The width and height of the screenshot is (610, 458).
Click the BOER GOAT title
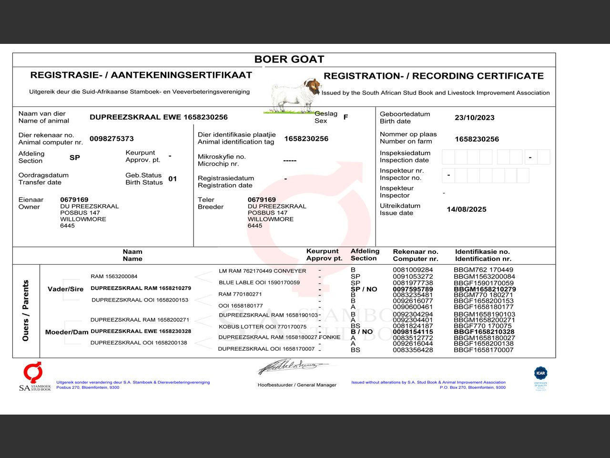pyautogui.click(x=289, y=60)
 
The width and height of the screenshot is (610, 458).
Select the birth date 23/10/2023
pyautogui.click(x=474, y=118)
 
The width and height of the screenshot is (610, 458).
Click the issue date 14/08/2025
pyautogui.click(x=466, y=209)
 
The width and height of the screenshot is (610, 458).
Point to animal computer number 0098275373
pyautogui.click(x=112, y=139)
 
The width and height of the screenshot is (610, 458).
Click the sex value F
pyautogui.click(x=346, y=117)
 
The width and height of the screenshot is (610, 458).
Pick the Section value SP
pyautogui.click(x=75, y=157)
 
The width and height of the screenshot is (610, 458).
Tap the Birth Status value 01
pyautogui.click(x=173, y=179)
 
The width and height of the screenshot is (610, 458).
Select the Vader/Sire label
pyautogui.click(x=65, y=289)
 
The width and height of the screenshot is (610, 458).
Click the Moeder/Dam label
pyautogui.click(x=67, y=332)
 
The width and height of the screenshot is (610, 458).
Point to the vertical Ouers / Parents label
pyautogui.click(x=26, y=311)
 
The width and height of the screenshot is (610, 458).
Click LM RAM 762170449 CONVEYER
pyautogui.click(x=262, y=271)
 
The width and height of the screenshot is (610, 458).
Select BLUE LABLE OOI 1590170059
pyautogui.click(x=259, y=282)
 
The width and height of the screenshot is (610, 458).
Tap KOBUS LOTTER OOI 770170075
pyautogui.click(x=263, y=327)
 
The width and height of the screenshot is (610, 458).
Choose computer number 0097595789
pyautogui.click(x=413, y=289)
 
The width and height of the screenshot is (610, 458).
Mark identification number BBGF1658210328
pyautogui.click(x=484, y=332)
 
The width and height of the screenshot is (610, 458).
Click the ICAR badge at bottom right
pyautogui.click(x=540, y=377)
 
